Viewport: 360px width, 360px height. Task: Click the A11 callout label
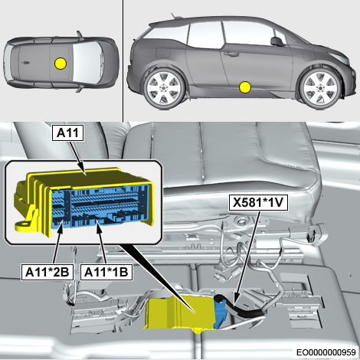coord(67,133)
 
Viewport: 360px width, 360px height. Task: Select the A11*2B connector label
coord(47,272)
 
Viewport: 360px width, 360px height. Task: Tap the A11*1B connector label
coord(106,272)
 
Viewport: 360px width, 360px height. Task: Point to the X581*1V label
coord(258,203)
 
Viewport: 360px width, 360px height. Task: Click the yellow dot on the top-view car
coord(61,63)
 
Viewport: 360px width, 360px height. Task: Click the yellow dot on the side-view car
coord(245,87)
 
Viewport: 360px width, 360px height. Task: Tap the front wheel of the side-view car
coord(320,88)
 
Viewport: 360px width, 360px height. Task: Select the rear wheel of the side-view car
coord(164,88)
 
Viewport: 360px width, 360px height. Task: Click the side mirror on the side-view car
coord(277,41)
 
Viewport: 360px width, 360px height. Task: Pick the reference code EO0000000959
coord(326,352)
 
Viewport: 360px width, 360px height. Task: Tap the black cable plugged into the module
coord(240,305)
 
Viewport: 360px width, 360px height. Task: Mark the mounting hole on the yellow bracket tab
coord(25,224)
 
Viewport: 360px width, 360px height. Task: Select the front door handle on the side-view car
coord(231,54)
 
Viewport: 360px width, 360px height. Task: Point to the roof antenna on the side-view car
coord(174,15)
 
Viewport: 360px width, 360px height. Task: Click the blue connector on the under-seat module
coord(220,314)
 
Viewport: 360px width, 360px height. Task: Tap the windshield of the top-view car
coord(84,61)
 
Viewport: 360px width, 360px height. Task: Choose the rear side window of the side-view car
coord(166,33)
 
